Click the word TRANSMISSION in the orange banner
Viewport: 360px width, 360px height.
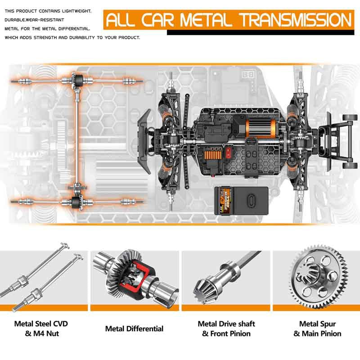point(296,20)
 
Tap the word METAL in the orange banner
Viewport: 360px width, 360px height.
point(206,20)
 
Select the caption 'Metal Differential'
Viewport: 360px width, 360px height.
point(134,328)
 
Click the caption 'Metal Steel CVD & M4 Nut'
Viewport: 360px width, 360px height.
point(41,328)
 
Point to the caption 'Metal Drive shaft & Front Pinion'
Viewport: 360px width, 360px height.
point(226,328)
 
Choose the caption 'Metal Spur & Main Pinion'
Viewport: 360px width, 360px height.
point(317,328)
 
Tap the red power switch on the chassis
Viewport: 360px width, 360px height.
point(228,153)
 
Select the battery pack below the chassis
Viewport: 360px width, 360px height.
point(241,201)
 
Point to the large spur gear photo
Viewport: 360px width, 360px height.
point(319,277)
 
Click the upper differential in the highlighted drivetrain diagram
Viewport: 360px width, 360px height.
point(78,81)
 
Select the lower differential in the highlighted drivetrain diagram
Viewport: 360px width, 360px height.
point(77,202)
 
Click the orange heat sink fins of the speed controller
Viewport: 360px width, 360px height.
point(213,155)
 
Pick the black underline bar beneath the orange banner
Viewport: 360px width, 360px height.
point(261,32)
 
